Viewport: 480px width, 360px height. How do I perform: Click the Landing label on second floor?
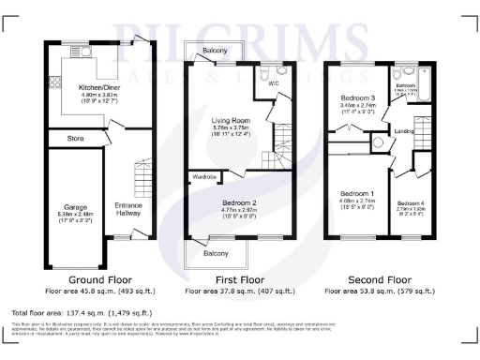click(404, 130)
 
